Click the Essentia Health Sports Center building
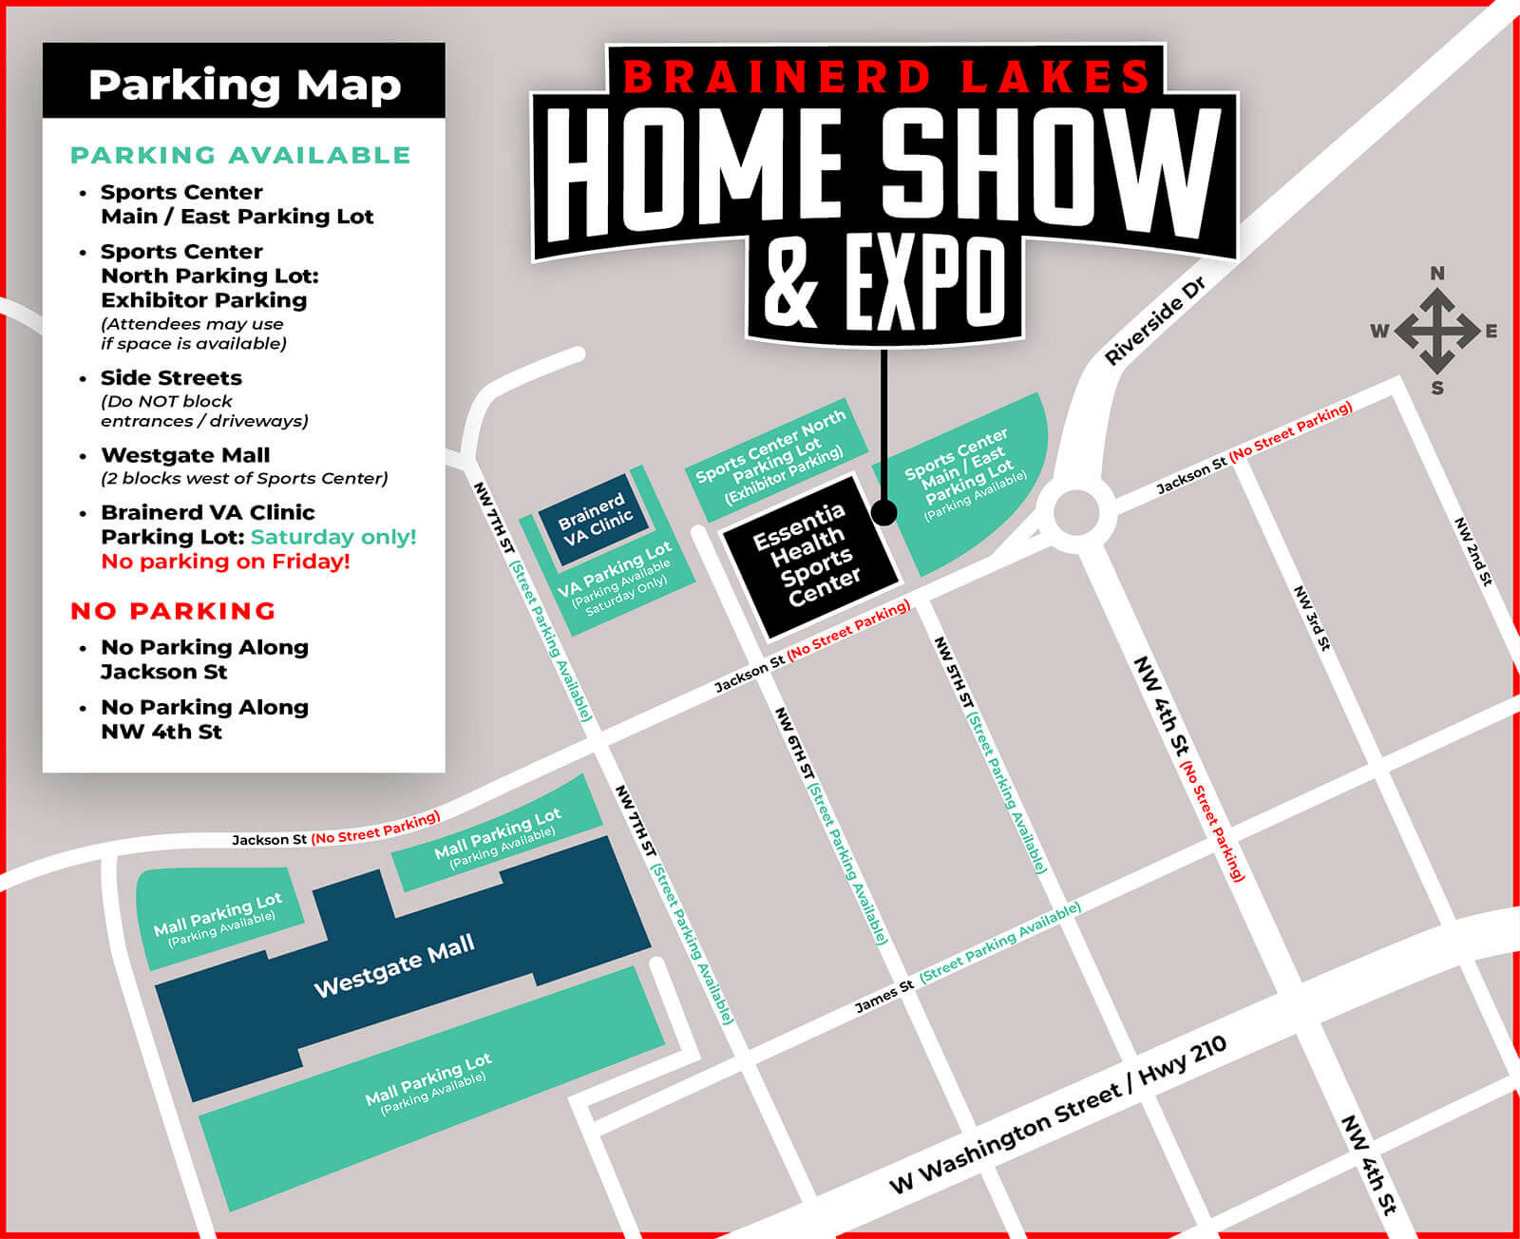pos(809,556)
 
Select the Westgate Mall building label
pos(393,965)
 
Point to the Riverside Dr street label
pos(1154,320)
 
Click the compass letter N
pos(1437,274)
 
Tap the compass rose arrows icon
pos(1436,331)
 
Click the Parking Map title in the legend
pos(244,85)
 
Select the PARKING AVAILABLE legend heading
pos(240,155)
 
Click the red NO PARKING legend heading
pos(173,611)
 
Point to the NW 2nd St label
pos(1473,551)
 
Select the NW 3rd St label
pos(1313,618)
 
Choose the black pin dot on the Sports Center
pos(883,513)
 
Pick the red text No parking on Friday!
pos(225,562)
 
